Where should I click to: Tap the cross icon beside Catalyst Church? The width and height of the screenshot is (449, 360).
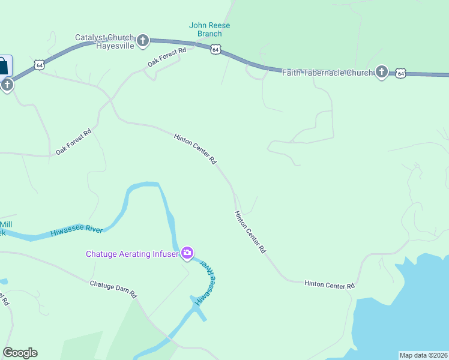143,41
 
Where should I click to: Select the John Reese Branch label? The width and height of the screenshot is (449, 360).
209,29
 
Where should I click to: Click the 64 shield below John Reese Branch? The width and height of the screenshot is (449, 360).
215,50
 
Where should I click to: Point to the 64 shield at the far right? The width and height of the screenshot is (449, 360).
401,73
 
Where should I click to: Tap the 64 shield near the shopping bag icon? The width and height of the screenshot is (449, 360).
39,64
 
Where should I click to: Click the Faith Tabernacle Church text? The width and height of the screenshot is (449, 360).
328,73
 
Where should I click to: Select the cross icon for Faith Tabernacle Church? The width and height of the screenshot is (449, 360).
381,73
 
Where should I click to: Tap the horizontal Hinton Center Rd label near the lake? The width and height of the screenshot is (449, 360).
330,284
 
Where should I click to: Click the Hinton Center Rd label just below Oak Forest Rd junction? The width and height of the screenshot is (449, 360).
195,149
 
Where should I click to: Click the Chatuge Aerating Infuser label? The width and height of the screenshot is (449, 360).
132,254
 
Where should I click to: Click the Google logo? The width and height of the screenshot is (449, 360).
20,353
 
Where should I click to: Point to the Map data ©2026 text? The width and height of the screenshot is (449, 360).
423,355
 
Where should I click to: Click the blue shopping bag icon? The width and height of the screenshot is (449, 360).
3,65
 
